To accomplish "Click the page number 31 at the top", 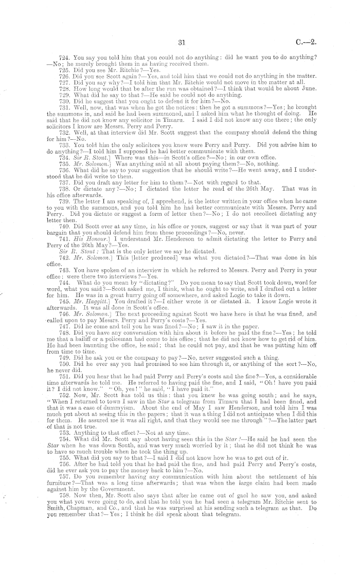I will [x=180, y=44].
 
